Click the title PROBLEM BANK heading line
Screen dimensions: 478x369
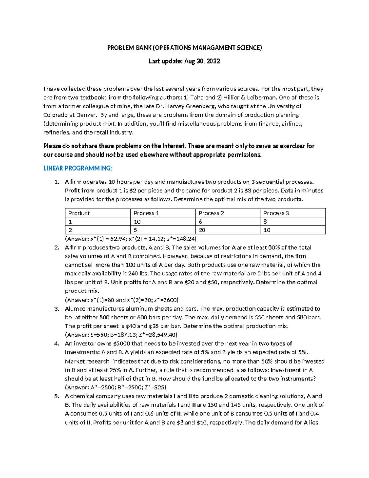click(x=184, y=48)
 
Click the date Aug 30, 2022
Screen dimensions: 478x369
click(x=202, y=61)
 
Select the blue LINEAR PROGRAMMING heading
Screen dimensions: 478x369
click(x=77, y=168)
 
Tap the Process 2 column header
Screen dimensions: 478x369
click(x=211, y=213)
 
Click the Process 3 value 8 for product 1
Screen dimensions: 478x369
click(x=265, y=222)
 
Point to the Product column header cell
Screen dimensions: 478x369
click(x=79, y=213)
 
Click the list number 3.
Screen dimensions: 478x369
click(x=57, y=309)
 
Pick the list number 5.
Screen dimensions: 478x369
click(x=57, y=396)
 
